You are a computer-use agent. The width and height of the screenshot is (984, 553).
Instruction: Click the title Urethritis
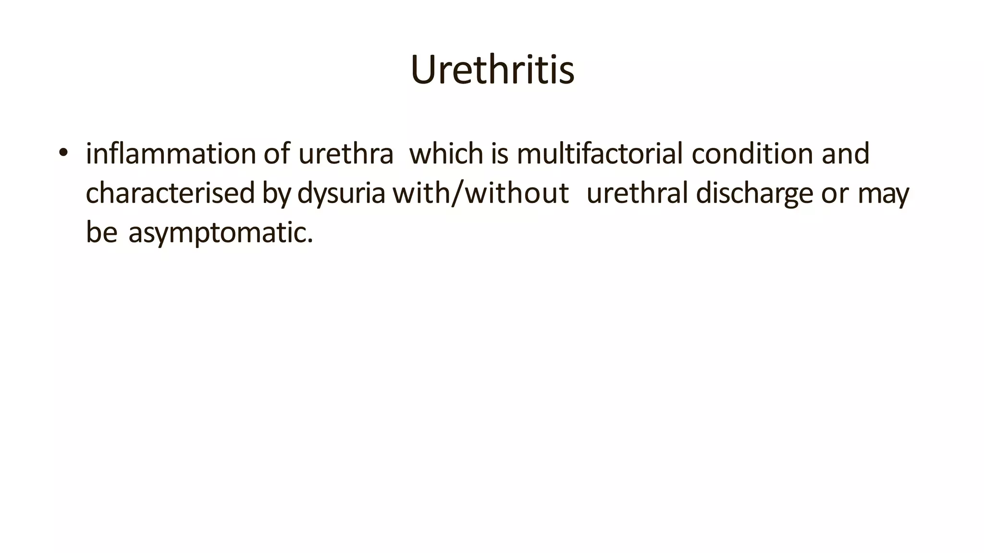(x=492, y=70)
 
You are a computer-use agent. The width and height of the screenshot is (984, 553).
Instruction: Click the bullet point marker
(x=63, y=153)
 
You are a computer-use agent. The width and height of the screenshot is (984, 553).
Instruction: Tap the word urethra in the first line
(x=345, y=155)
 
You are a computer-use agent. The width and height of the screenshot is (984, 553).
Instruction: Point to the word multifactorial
(x=599, y=154)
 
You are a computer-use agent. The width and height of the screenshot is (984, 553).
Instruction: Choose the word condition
(x=752, y=154)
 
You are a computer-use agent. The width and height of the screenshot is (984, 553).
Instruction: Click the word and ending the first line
(x=846, y=154)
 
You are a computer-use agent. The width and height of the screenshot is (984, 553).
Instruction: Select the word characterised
(x=170, y=193)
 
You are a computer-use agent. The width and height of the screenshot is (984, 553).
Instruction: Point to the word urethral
(x=637, y=193)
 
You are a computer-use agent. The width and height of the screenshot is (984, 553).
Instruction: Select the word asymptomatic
(x=221, y=233)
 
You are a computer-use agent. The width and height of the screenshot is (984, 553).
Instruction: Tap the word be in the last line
(x=101, y=232)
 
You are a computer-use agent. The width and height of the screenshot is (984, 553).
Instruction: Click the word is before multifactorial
(x=500, y=154)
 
